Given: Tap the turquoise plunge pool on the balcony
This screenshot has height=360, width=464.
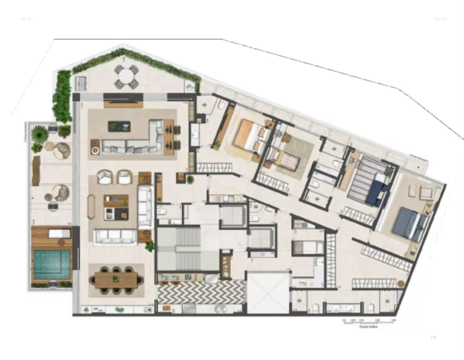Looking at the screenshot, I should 51,263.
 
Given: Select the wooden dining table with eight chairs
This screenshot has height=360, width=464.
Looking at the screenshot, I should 116,279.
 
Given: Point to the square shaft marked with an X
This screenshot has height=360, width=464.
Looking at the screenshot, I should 267,293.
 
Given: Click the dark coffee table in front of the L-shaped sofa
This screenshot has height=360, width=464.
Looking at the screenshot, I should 119,126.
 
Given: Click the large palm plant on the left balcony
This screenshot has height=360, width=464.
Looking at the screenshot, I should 40,135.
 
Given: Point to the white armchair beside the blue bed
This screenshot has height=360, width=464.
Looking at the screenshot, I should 426,192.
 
